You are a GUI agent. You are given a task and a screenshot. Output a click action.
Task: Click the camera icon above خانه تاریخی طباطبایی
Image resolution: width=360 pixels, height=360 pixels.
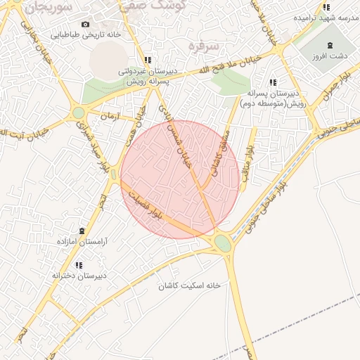coord(86,24)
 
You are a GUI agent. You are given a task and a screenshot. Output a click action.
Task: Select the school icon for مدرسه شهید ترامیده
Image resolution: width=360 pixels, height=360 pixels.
coord(326,8)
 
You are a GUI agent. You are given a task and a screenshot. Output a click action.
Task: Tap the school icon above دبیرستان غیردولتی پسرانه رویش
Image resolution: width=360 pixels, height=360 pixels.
coord(147,60)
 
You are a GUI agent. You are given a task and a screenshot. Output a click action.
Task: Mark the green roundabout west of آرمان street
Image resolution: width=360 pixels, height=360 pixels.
coord(79,112)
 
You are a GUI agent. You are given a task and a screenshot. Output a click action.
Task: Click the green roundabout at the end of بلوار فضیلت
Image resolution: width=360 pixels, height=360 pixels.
coord(222,243)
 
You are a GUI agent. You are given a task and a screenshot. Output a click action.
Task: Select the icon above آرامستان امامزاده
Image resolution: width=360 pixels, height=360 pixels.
coord(82,231)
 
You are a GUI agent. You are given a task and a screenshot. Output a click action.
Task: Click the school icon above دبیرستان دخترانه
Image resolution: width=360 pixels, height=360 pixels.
coord(79,265)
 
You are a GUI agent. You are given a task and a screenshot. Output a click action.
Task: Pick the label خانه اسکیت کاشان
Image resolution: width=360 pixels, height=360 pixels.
coord(189,285)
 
